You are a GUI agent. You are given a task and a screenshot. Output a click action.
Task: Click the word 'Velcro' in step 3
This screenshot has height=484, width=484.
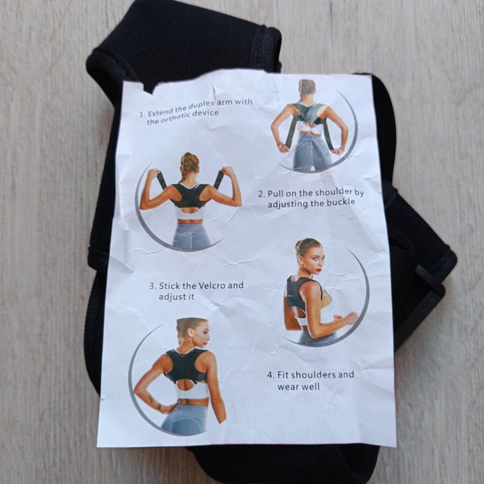211,286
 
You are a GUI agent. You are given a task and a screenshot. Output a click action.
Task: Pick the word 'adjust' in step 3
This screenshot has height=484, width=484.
173,297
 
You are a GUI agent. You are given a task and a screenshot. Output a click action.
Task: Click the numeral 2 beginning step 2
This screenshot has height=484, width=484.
261,194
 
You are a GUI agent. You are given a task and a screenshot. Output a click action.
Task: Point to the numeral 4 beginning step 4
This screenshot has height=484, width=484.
270,375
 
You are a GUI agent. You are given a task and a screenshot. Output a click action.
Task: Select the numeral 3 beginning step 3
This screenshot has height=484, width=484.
152,286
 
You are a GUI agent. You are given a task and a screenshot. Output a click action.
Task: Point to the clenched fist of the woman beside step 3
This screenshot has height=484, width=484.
352,318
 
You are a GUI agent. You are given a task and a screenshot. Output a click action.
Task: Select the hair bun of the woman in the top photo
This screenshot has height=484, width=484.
307,87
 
